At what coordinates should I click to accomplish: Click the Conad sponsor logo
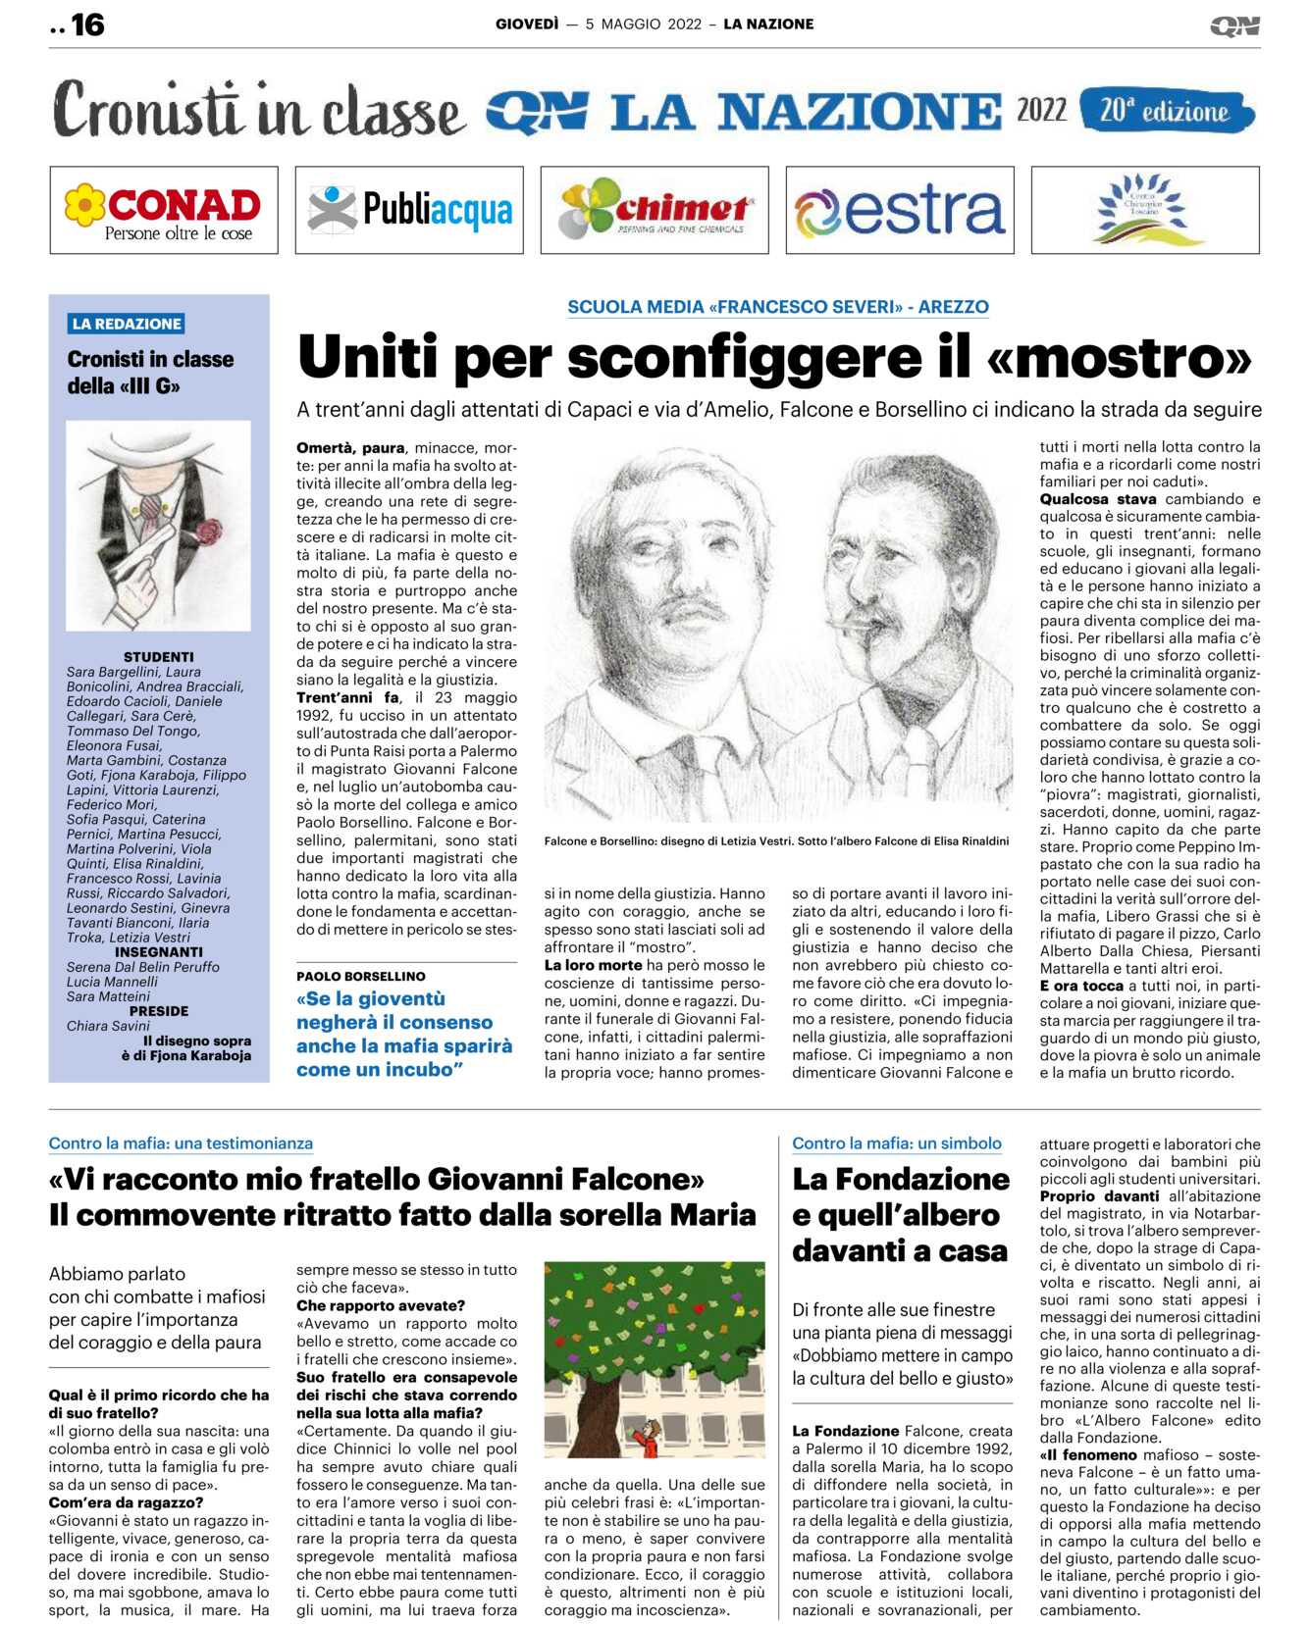pos(164,210)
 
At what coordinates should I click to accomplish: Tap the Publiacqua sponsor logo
pos(409,210)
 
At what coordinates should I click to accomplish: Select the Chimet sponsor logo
pos(655,210)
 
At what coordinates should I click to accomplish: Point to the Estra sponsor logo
pos(900,210)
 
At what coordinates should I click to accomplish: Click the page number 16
pos(87,25)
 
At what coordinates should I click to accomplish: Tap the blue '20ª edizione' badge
pos(1166,111)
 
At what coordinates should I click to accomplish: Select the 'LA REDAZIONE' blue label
pos(127,324)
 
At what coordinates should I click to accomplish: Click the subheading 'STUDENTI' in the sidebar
pos(158,657)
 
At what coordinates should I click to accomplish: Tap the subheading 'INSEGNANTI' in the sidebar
pos(158,951)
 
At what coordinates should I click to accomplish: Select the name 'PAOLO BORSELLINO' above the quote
pos(361,976)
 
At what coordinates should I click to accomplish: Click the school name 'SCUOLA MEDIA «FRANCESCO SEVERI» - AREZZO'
pos(777,306)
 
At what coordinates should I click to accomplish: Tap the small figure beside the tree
pos(647,1438)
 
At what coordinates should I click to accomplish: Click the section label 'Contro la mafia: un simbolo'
pos(897,1143)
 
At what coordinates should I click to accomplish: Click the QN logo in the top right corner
pos(1234,25)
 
